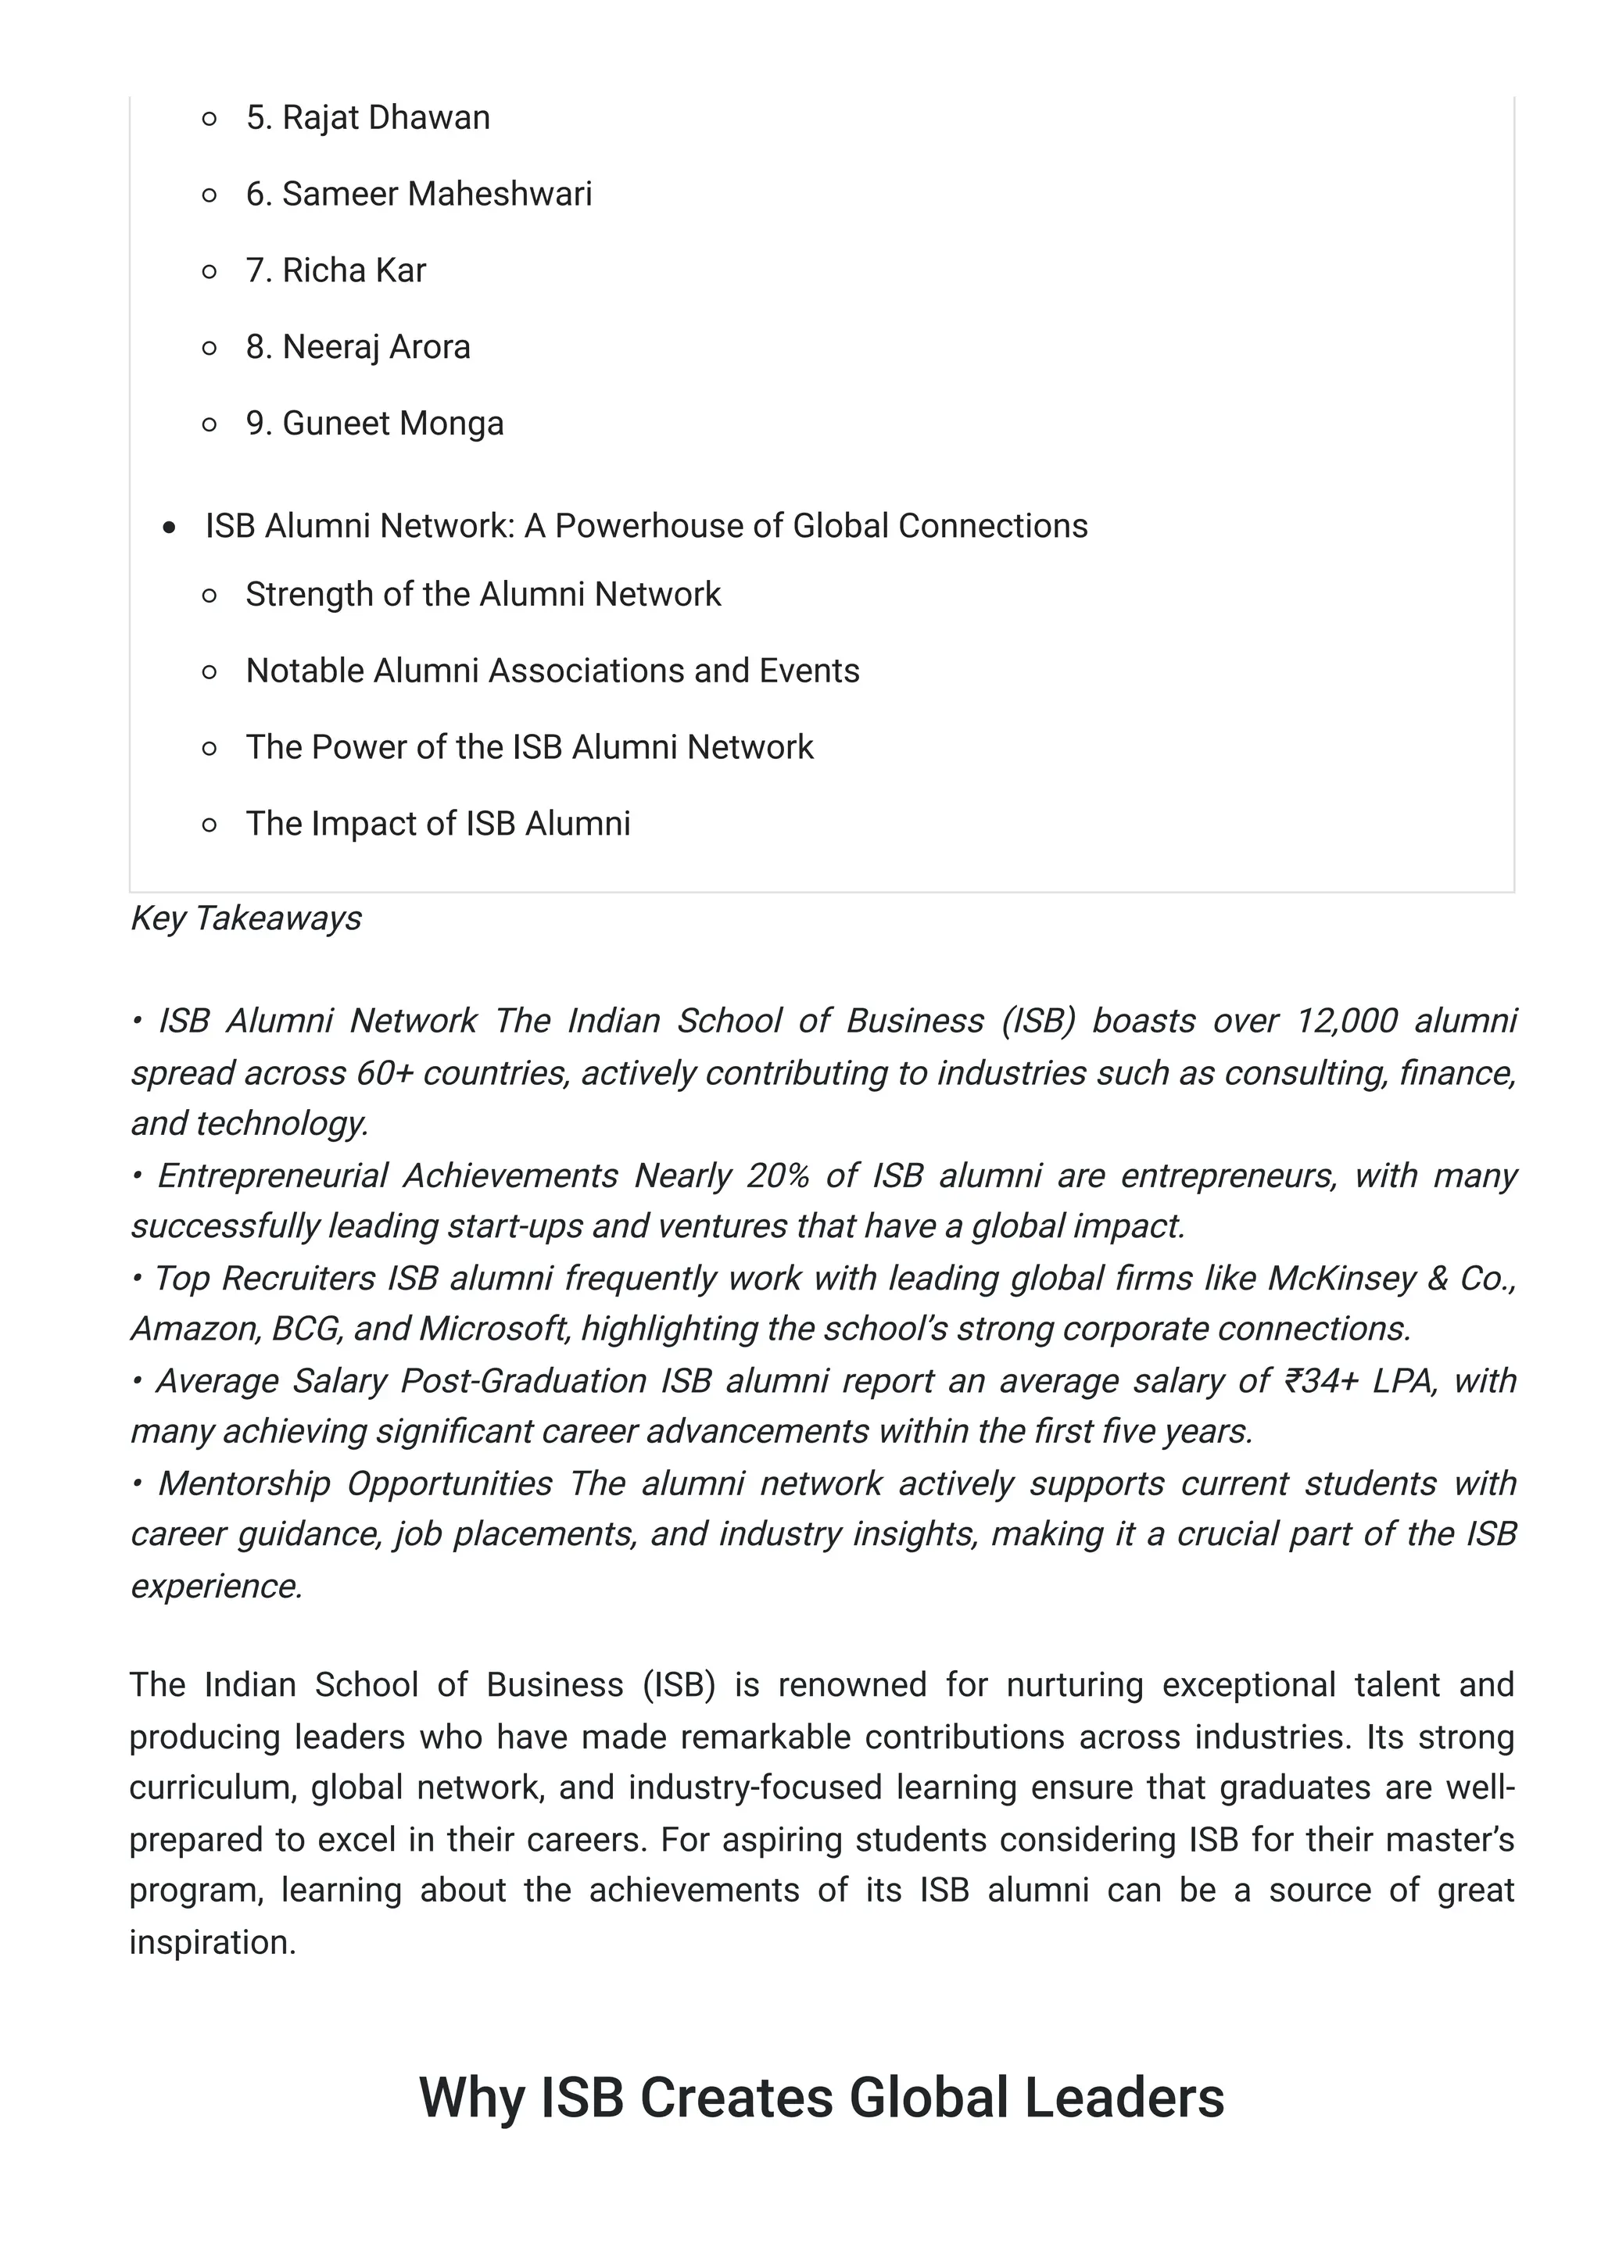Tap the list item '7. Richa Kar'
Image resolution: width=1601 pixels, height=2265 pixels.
[335, 270]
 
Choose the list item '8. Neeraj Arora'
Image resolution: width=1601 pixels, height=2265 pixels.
[357, 346]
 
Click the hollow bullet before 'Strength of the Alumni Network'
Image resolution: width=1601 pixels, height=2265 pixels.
[210, 595]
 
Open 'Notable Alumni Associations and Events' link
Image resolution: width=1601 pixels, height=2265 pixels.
[553, 671]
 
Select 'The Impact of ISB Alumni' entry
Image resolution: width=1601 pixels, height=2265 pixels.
[437, 824]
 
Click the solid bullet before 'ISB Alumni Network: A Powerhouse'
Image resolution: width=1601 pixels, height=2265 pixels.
[170, 528]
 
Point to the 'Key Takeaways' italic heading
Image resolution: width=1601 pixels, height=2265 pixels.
[245, 918]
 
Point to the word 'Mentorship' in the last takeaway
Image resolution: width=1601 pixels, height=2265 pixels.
[244, 1483]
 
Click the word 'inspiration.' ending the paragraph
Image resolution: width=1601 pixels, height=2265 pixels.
[213, 1941]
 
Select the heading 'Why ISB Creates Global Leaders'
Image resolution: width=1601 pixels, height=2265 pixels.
[821, 2096]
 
